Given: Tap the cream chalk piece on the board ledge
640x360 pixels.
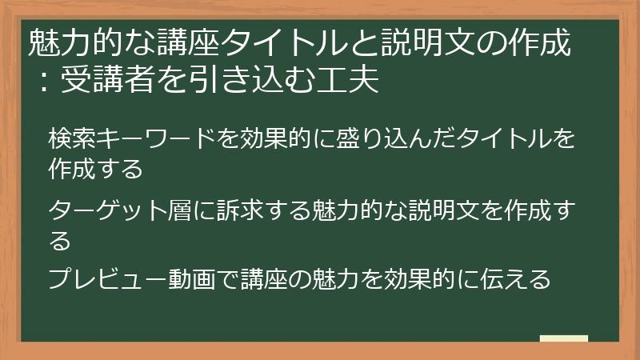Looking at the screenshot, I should [564, 338].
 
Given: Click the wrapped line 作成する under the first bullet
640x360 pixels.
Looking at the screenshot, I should [95, 169].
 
